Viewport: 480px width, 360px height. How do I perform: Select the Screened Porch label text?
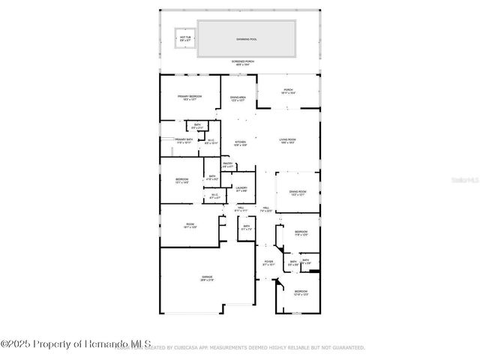[240, 64]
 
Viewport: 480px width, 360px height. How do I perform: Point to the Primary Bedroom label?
[190, 97]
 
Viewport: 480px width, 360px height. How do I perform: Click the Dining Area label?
[238, 98]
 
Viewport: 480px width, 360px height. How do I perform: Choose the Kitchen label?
[241, 143]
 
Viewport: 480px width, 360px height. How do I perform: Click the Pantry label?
[228, 165]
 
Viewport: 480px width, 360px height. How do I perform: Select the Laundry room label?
[241, 189]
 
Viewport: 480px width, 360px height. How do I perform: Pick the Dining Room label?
[298, 193]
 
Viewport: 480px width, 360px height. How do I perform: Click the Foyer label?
[268, 263]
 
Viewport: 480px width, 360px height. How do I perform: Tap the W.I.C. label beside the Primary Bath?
[211, 141]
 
